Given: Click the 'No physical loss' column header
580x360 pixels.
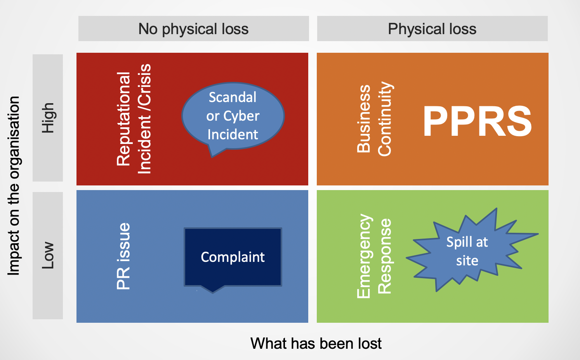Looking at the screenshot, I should (193, 29).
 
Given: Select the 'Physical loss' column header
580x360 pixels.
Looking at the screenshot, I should (432, 29).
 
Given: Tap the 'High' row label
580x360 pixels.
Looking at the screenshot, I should (48, 118).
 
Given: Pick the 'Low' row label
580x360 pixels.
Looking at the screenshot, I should (48, 255).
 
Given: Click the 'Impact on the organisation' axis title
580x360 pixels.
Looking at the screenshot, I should (14, 186).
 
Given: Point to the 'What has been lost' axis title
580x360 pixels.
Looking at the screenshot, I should (316, 343).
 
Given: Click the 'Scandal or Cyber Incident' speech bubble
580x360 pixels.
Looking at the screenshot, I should (233, 116).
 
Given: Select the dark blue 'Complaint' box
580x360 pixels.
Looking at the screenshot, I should (233, 257).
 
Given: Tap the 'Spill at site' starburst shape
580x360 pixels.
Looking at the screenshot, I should (467, 251).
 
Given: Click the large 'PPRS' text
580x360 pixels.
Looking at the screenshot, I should (477, 121).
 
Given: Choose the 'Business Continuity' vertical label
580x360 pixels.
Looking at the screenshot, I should (374, 119).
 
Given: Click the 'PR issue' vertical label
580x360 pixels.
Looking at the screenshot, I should (123, 256).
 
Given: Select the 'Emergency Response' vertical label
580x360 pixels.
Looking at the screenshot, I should (374, 256).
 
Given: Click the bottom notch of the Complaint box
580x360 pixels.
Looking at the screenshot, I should (213, 290).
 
